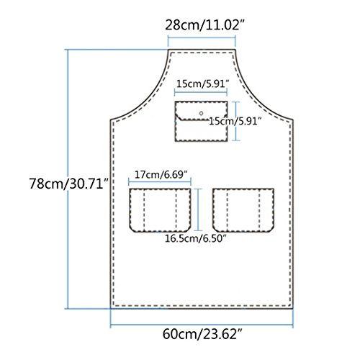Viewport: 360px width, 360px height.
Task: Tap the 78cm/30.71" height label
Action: [69, 184]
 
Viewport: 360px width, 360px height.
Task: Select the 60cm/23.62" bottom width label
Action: [202, 334]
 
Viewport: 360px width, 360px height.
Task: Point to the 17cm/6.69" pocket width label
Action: [161, 174]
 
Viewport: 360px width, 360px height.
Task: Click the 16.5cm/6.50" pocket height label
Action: [196, 238]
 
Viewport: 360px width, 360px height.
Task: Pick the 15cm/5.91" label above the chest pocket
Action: [203, 84]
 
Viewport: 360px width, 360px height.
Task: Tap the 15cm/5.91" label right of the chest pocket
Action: [235, 121]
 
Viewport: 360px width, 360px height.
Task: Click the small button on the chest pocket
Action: [201, 113]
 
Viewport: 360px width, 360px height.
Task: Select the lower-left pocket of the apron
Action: [160, 210]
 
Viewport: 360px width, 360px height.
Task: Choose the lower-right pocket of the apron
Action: [243, 210]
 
